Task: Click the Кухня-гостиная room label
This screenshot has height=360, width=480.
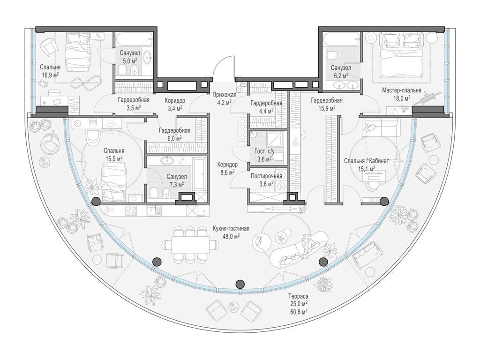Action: [231, 229]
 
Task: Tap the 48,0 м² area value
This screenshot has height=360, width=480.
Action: [231, 236]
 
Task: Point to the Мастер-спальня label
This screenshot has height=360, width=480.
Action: [401, 90]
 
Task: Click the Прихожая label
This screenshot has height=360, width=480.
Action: [225, 95]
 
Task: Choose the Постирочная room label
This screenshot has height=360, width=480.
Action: [266, 176]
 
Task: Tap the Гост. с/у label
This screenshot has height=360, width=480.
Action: [265, 151]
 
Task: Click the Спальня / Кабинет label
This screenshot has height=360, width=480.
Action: [367, 161]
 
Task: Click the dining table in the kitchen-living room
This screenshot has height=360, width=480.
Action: [190, 245]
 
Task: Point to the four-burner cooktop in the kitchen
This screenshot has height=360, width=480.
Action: [132, 210]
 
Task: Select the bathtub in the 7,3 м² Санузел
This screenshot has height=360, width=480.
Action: [199, 174]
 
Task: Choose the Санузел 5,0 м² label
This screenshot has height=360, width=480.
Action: [128, 57]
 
